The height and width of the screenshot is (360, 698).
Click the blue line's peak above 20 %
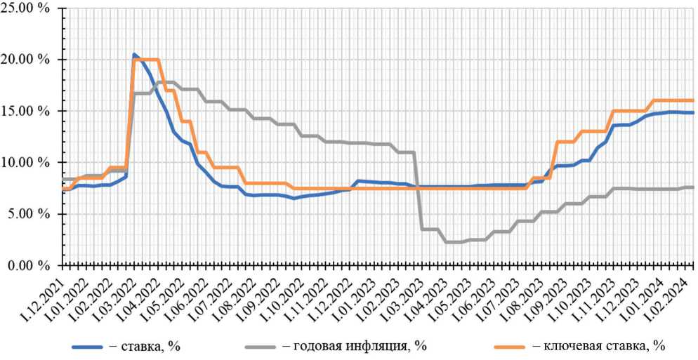point(134,55)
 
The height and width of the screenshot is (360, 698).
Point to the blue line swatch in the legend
point(89,347)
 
